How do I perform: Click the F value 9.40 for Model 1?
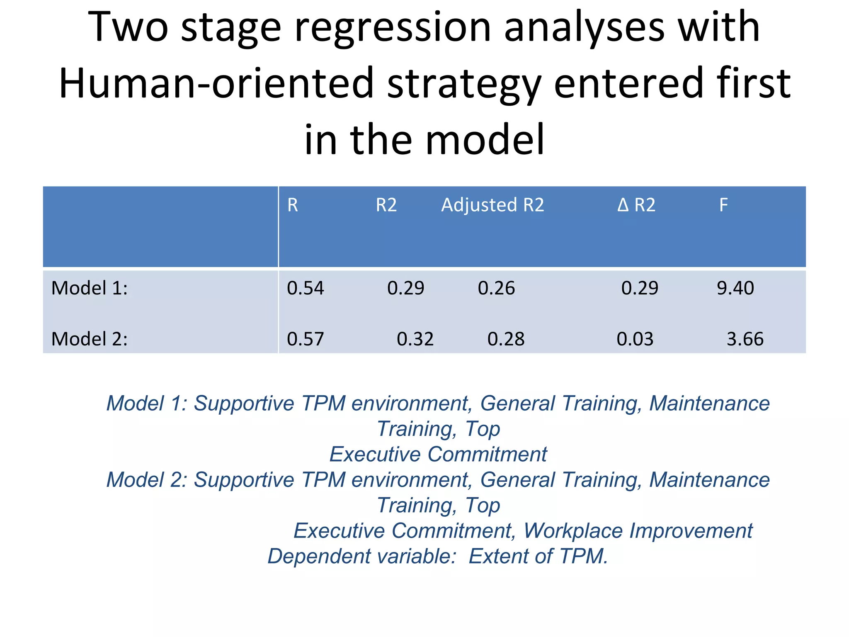point(735,288)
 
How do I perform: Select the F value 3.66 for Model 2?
point(745,339)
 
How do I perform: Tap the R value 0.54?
point(305,288)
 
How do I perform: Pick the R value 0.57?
point(305,339)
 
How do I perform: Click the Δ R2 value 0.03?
point(635,339)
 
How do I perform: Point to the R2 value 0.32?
point(415,339)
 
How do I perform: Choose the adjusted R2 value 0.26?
point(496,288)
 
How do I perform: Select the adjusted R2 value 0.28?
point(506,339)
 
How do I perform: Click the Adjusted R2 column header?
point(492,205)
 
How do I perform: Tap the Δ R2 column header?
point(636,205)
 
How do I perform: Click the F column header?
point(723,205)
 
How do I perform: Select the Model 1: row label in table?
point(90,288)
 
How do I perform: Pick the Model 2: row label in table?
point(90,339)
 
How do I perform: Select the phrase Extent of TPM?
point(538,556)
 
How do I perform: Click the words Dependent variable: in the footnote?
point(362,556)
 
